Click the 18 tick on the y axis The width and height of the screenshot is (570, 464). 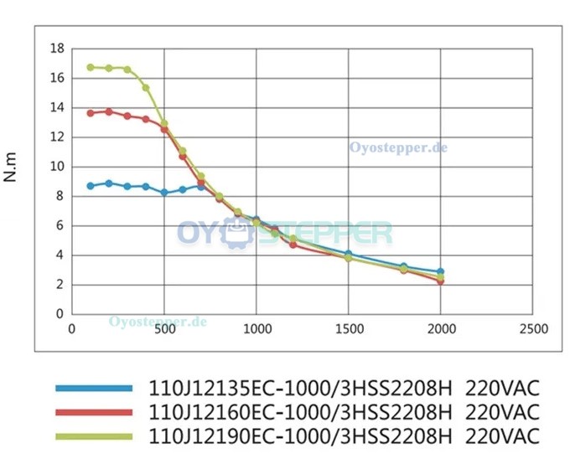57,49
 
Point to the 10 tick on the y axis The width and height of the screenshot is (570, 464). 57,167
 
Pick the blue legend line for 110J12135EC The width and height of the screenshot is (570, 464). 94,388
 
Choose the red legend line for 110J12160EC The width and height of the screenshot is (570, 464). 94,412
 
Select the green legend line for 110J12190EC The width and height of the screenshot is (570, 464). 94,436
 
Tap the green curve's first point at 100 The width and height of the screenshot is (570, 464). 91,67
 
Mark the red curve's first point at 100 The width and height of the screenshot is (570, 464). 91,113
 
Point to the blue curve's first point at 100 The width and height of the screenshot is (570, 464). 91,186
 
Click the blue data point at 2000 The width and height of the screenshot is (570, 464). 441,272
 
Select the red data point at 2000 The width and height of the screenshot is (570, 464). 441,281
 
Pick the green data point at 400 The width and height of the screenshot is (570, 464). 146,87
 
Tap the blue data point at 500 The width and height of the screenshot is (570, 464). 164,193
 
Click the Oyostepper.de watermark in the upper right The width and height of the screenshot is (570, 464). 398,147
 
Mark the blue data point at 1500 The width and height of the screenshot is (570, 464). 349,254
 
